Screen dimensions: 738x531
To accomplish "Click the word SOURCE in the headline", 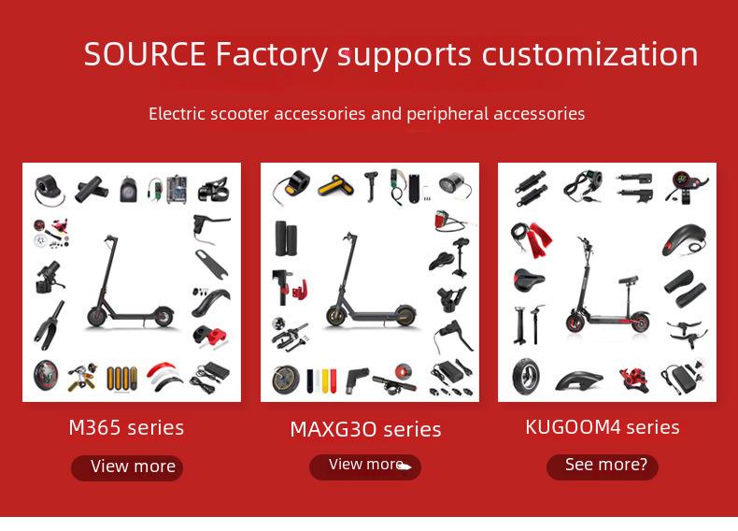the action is pos(145,53).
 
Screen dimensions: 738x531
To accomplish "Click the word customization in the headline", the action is pos(589,54).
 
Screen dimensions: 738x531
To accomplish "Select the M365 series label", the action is pos(126,428).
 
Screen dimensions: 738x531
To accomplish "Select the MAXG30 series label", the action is pos(365,429).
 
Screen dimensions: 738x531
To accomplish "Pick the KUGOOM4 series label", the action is pos(602,427).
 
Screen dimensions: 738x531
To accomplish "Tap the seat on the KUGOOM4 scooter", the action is pos(629,280).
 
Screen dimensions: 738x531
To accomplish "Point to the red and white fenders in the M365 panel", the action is pos(165,377).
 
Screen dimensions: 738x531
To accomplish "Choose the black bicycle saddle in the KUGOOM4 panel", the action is pos(529,280).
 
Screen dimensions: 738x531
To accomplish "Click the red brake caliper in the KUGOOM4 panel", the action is pos(634,380).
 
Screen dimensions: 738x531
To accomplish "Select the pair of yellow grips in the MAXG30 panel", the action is pos(334,186).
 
